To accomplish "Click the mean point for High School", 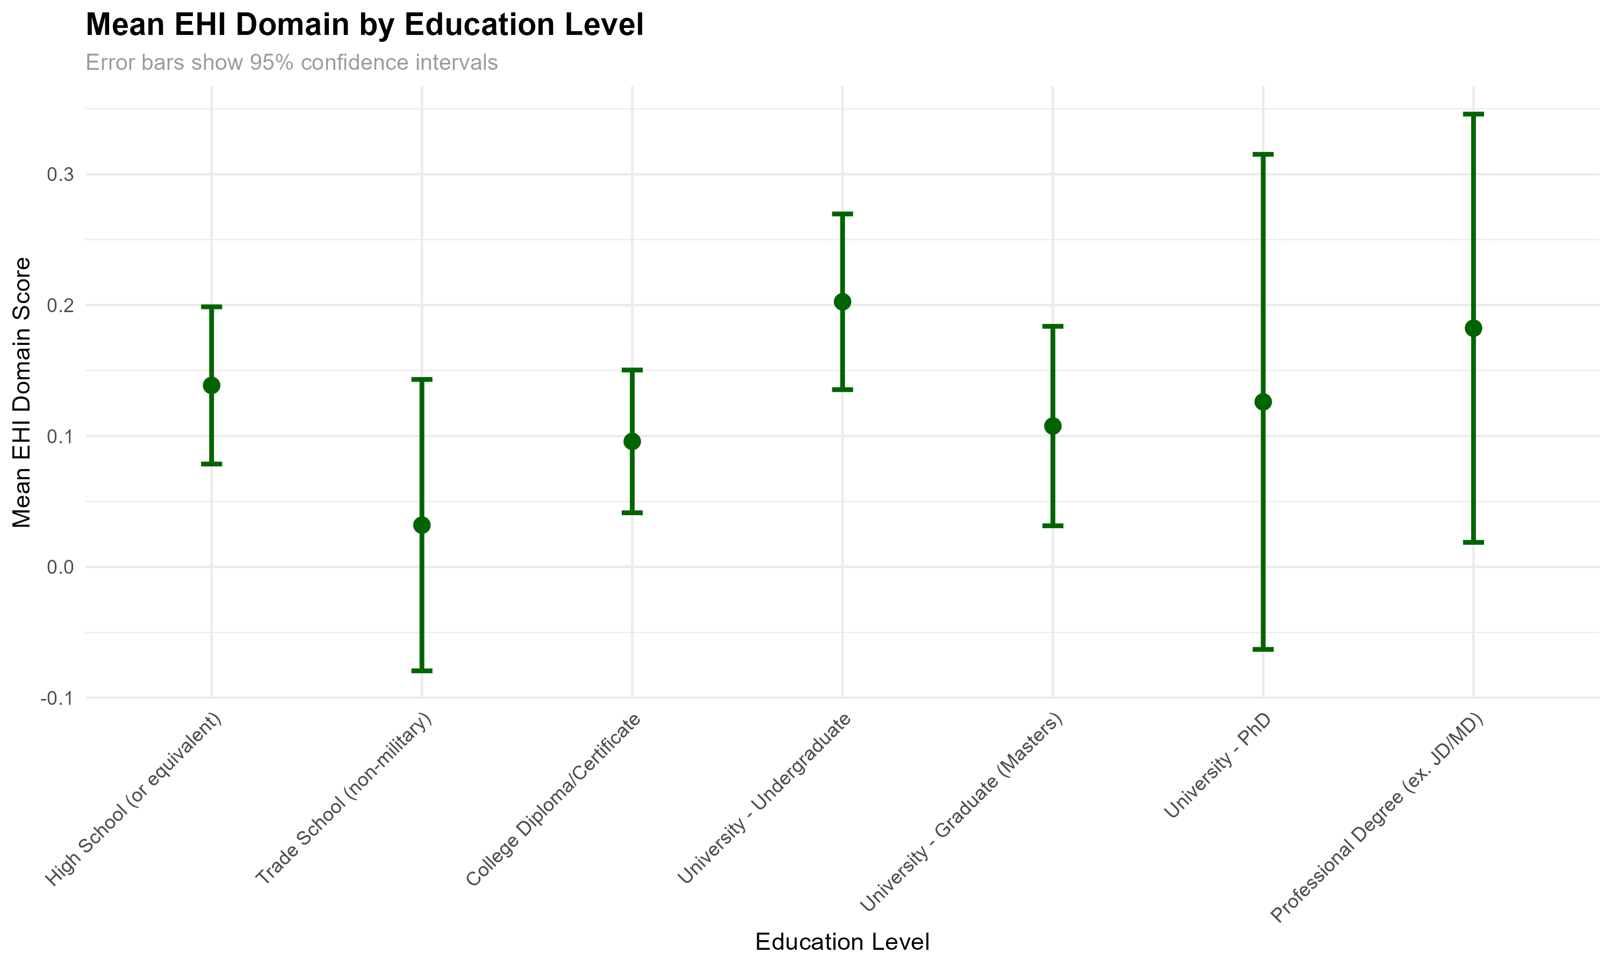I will coord(212,386).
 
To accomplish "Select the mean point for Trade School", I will coord(422,525).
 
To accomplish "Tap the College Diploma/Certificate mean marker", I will coord(632,442).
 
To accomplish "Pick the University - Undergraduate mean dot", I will coord(843,302).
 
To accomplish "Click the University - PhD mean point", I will coord(1263,402).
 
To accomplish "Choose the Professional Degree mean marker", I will coord(1473,328).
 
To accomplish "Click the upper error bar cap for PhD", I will coord(1263,154).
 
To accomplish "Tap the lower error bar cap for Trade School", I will coord(422,670).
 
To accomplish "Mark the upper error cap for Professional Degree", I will coord(1473,114).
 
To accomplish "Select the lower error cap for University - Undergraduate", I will coord(843,389).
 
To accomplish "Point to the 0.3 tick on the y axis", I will coord(60,175).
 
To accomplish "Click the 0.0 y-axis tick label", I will coord(60,567).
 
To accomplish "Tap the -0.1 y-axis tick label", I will coord(57,698).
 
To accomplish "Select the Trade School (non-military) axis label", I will coord(344,799).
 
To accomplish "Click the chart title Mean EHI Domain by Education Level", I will coord(364,25).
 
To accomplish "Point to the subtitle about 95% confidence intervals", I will coord(291,62).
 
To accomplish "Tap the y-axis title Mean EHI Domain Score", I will coord(22,392).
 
